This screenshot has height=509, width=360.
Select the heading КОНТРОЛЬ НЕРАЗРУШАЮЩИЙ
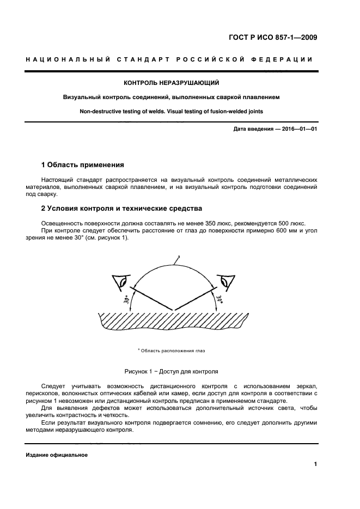coord(172,83)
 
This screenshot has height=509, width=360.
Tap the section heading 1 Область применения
coord(83,164)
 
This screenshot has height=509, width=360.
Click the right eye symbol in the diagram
coord(225,282)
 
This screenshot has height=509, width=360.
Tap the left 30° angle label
coord(127,300)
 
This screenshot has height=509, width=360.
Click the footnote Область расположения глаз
coord(173,351)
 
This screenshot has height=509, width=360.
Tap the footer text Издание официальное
coord(57,455)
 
